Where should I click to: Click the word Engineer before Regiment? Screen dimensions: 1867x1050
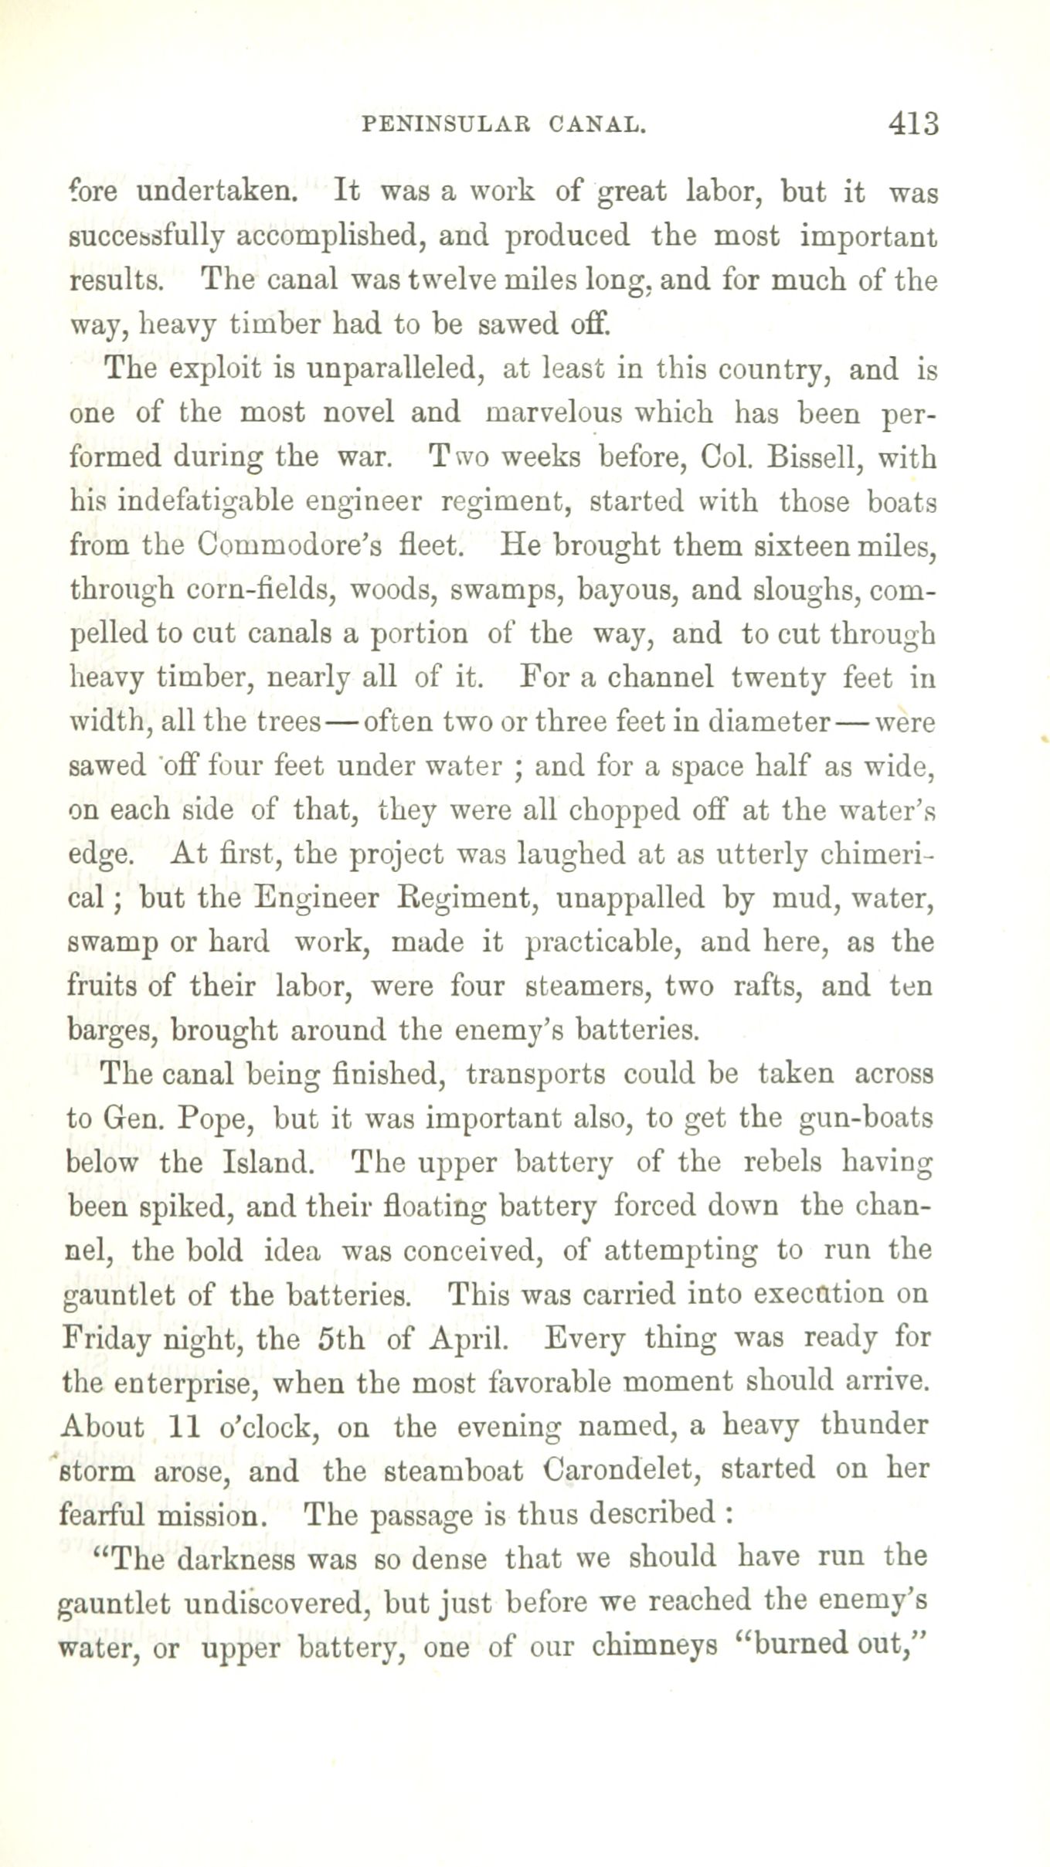click(x=318, y=898)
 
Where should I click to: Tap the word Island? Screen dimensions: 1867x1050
click(x=268, y=1163)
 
